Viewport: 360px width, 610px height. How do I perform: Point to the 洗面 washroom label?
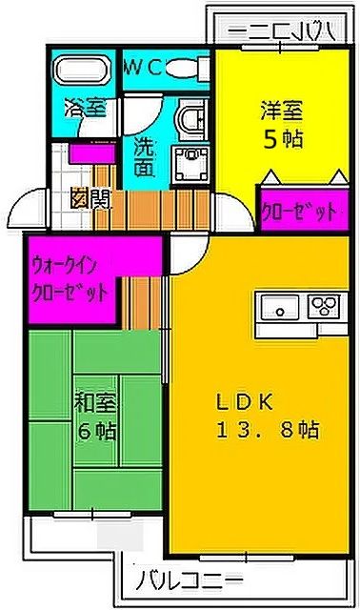144,158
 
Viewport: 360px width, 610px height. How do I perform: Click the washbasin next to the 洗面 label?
188,158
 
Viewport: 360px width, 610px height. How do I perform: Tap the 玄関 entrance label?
90,199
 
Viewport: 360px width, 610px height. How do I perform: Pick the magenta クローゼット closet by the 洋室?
300,210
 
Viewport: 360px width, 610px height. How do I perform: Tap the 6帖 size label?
95,431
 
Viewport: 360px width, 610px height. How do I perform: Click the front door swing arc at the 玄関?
29,209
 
